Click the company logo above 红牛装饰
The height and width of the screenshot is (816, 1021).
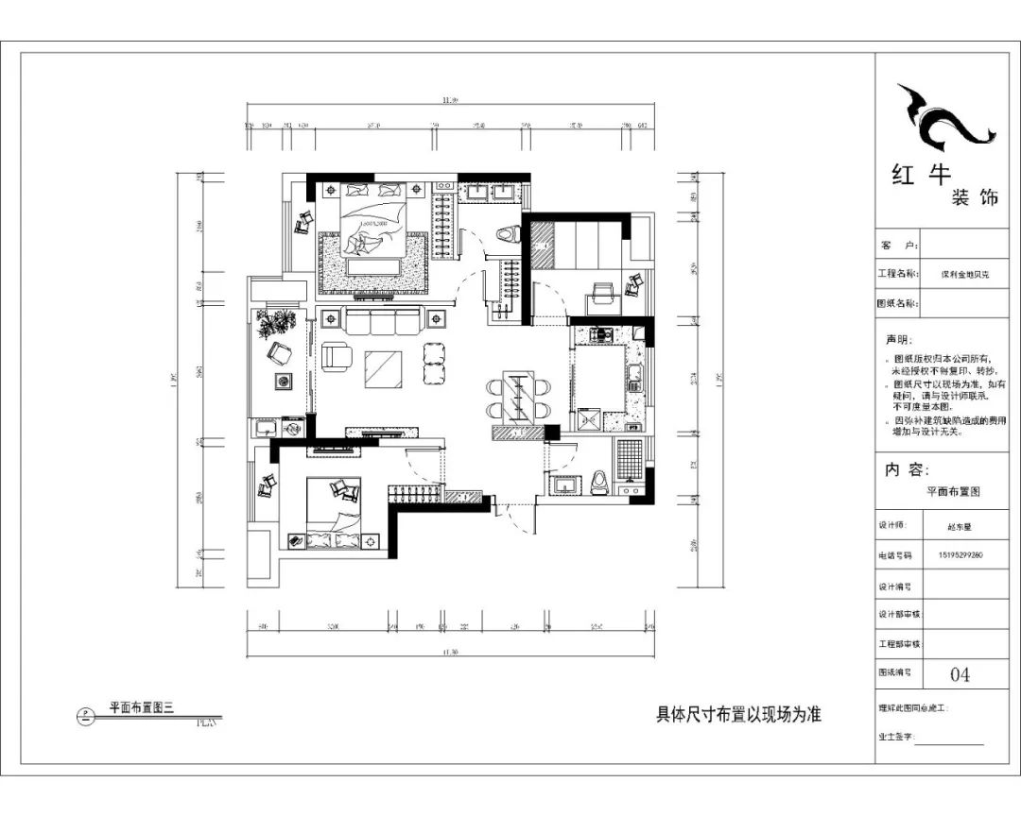pos(946,118)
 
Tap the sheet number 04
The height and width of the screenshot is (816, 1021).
pos(960,674)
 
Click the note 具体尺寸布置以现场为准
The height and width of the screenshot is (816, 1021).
pos(738,715)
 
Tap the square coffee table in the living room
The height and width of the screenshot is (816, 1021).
pos(383,368)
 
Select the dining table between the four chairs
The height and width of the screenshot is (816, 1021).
pos(517,397)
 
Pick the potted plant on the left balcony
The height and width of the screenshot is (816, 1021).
pos(277,323)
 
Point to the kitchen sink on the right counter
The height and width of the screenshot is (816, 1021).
pos(636,379)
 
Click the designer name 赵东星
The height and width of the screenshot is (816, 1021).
pos(959,528)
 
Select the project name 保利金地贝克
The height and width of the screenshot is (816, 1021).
pos(964,275)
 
